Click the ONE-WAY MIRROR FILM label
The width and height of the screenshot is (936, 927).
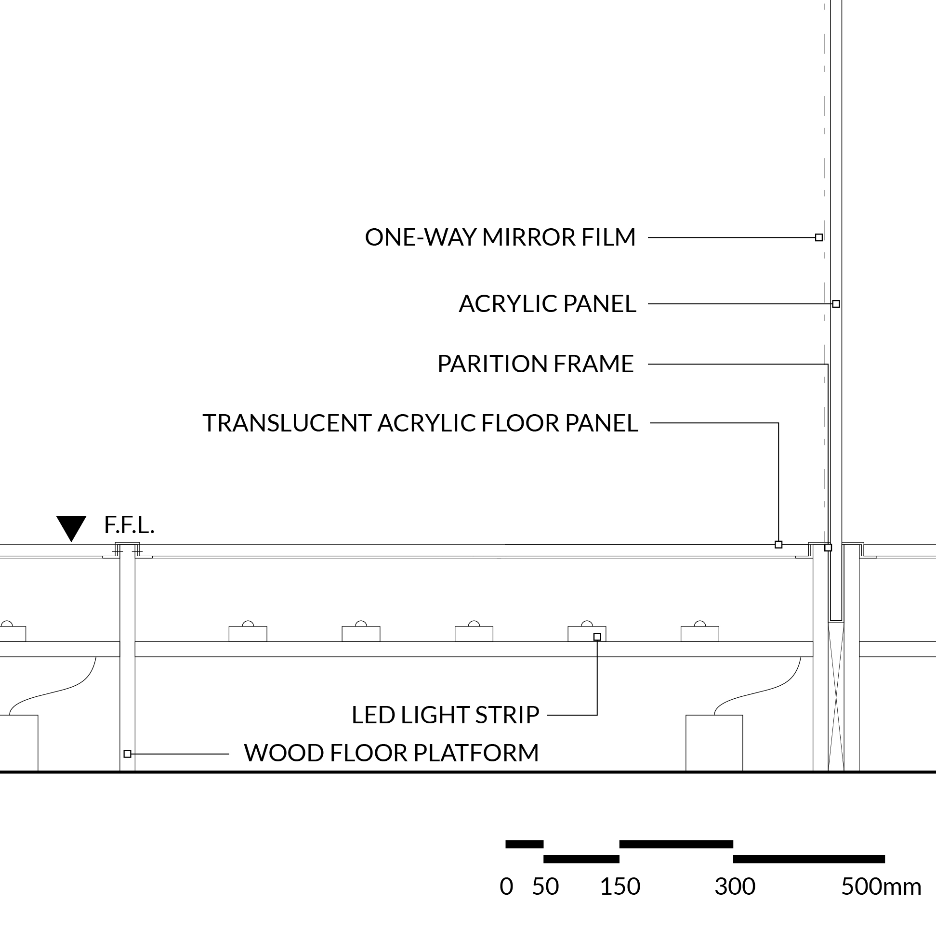point(500,237)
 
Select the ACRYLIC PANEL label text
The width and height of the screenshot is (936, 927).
point(547,304)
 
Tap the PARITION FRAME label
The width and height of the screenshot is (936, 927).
point(535,364)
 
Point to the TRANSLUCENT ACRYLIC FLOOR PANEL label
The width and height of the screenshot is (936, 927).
point(420,423)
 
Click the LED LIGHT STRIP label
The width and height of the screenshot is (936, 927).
point(445,715)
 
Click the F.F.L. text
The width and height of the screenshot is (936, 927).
point(130,525)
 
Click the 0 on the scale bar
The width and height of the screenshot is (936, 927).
point(506,887)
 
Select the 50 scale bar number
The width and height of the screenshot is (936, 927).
point(545,887)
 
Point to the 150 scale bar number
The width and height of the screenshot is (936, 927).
point(620,887)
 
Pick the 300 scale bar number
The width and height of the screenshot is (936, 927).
point(735,887)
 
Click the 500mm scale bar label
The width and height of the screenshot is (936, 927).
point(881,887)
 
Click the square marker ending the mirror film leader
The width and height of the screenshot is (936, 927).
point(819,237)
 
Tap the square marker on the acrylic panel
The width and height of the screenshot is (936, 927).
point(836,304)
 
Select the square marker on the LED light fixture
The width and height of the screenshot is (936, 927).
point(597,637)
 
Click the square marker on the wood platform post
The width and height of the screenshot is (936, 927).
point(127,754)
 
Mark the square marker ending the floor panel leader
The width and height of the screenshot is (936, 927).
point(778,544)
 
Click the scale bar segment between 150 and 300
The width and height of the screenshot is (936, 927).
point(676,844)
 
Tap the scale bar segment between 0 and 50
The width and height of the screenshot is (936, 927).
point(524,844)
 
